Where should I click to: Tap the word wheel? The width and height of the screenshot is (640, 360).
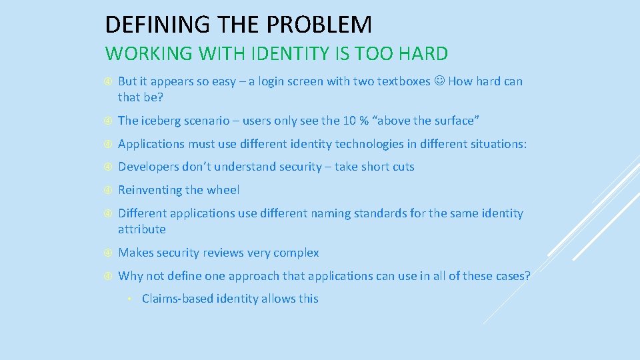(223, 190)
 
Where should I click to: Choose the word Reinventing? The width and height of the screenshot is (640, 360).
(150, 190)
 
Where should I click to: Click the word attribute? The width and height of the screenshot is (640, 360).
(141, 229)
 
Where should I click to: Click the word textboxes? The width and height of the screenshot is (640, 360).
(403, 81)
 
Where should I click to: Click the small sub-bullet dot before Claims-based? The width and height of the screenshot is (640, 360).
(131, 299)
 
